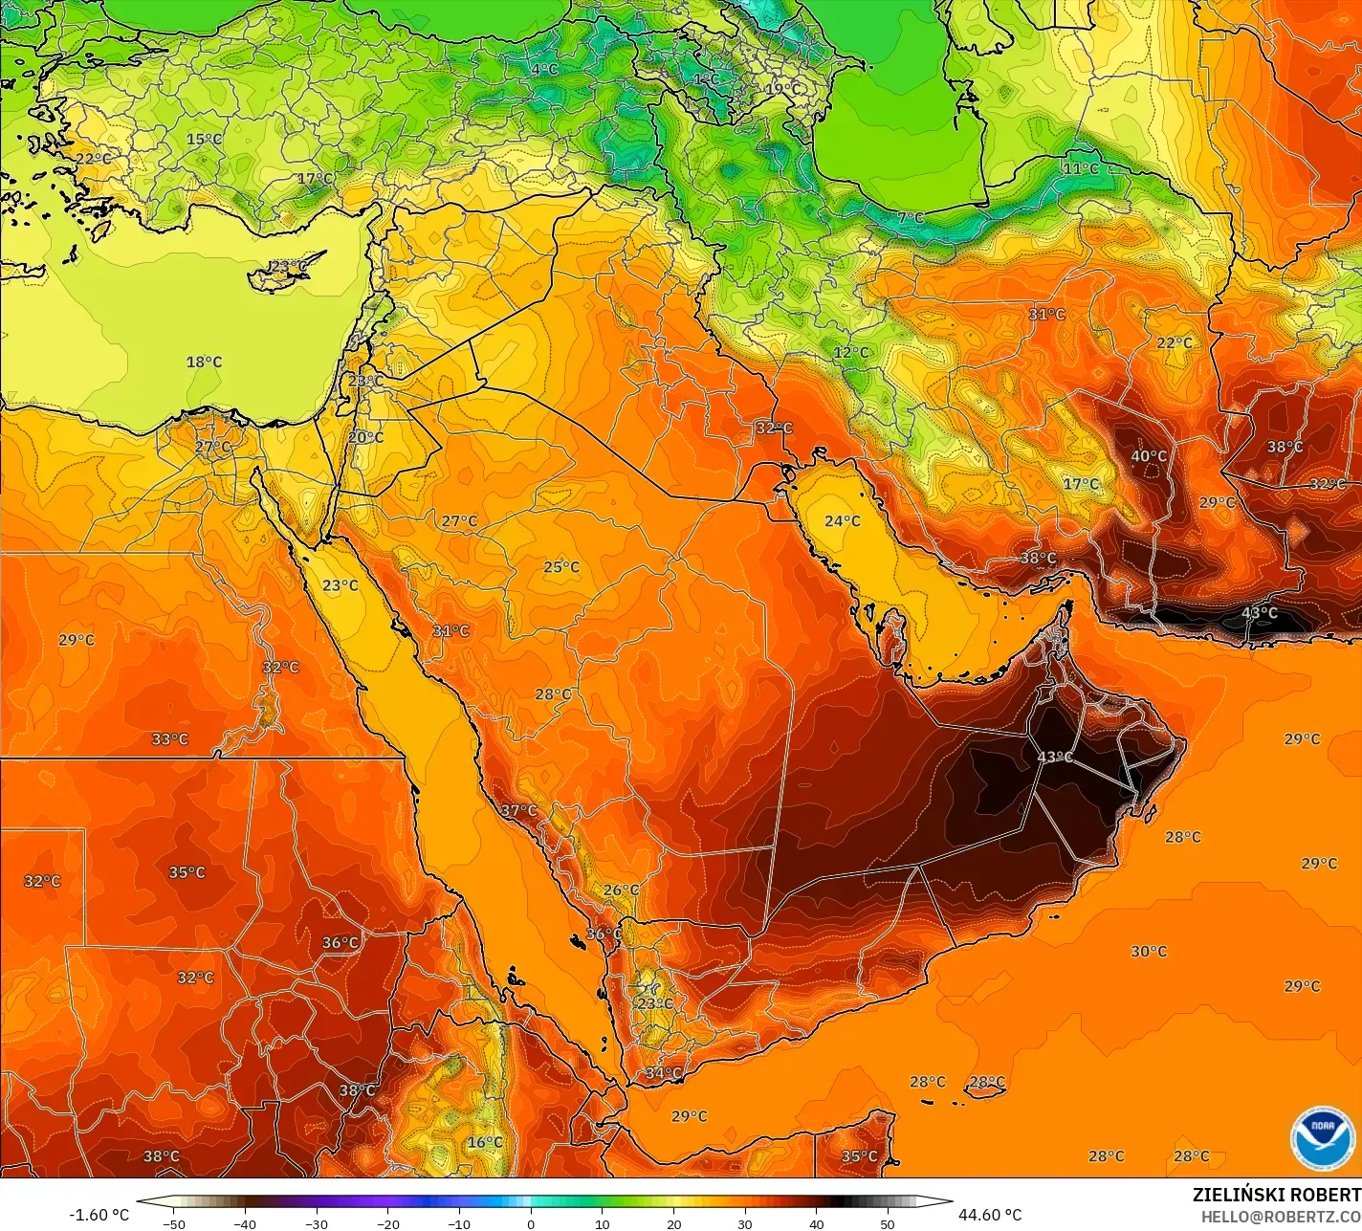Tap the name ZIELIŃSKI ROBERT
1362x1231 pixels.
(1276, 1195)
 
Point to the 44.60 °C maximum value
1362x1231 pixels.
(990, 1215)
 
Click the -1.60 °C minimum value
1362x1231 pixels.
(99, 1215)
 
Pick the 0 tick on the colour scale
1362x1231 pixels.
(531, 1223)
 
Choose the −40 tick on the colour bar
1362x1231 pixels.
(245, 1223)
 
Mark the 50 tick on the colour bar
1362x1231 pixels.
(888, 1223)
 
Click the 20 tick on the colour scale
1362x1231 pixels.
(673, 1223)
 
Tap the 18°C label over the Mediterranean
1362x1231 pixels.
(204, 362)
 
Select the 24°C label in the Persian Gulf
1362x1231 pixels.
(843, 521)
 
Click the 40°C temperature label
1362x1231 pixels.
(1149, 456)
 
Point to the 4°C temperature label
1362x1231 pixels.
(544, 69)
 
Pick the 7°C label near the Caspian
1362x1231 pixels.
(911, 218)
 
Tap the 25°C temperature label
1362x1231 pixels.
(561, 566)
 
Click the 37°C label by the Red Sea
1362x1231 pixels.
(518, 810)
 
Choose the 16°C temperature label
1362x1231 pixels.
(485, 1142)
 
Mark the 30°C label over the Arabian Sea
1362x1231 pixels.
(1149, 951)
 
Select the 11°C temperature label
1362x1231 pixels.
(1081, 168)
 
